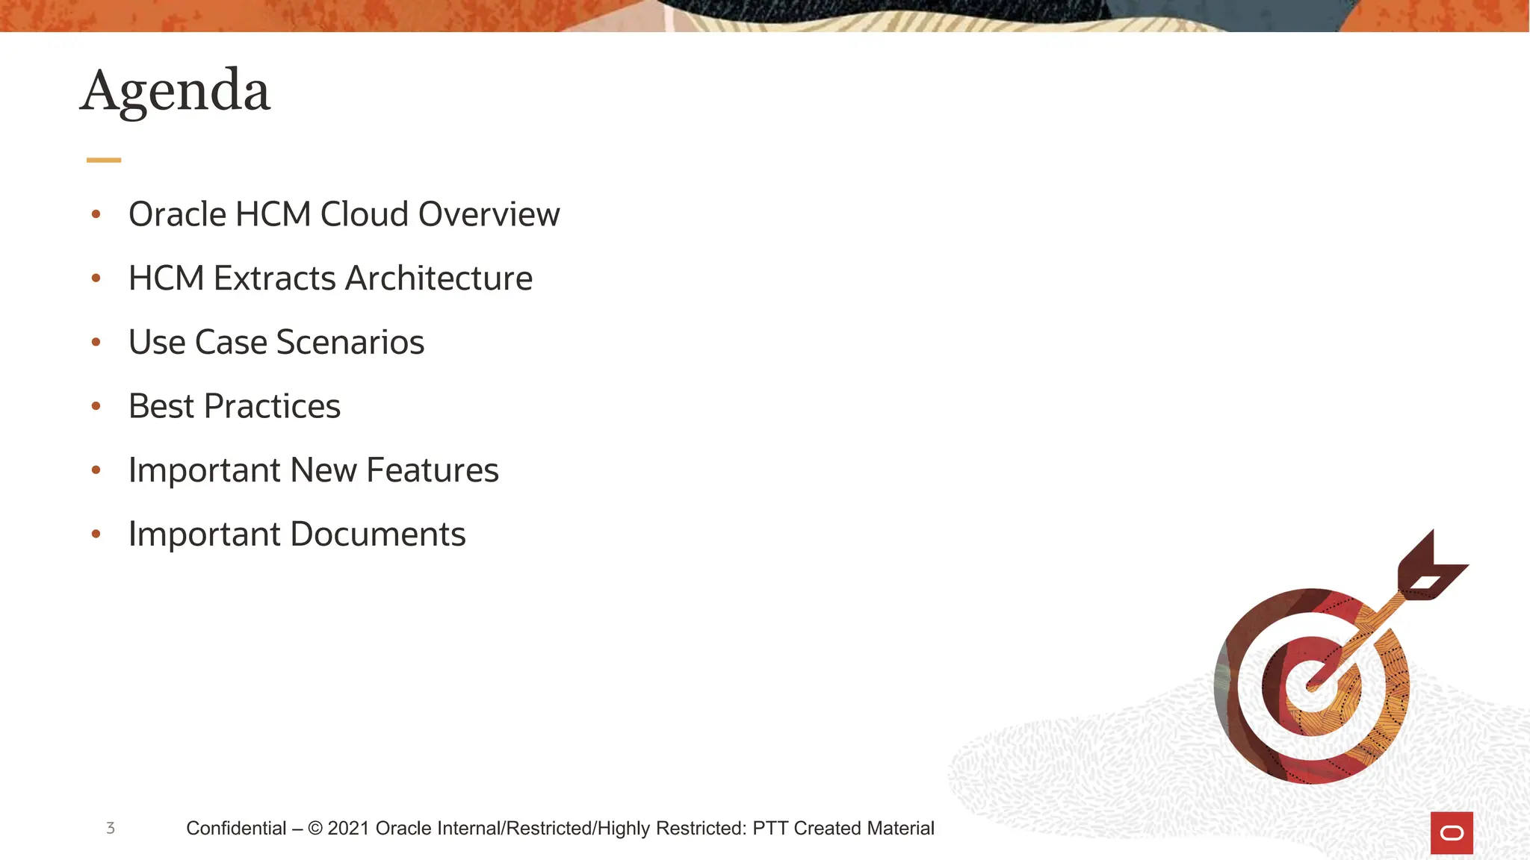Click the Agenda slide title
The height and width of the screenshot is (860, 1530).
(x=175, y=91)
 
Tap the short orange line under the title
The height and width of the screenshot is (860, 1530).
(x=103, y=160)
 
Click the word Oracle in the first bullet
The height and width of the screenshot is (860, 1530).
(x=177, y=214)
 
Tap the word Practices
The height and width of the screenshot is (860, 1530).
(x=272, y=407)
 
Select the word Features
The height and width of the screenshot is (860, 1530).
(x=432, y=470)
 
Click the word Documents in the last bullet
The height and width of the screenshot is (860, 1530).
(x=377, y=535)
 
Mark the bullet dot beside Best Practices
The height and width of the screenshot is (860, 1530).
(x=96, y=406)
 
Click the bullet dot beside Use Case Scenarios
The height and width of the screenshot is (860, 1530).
(x=96, y=342)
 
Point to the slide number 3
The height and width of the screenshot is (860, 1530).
(x=111, y=828)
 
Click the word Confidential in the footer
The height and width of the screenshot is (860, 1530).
(x=236, y=828)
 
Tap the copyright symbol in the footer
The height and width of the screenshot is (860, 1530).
(x=315, y=828)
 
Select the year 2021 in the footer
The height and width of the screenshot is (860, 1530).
(x=348, y=828)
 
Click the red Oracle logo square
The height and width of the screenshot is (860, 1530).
(x=1452, y=832)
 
